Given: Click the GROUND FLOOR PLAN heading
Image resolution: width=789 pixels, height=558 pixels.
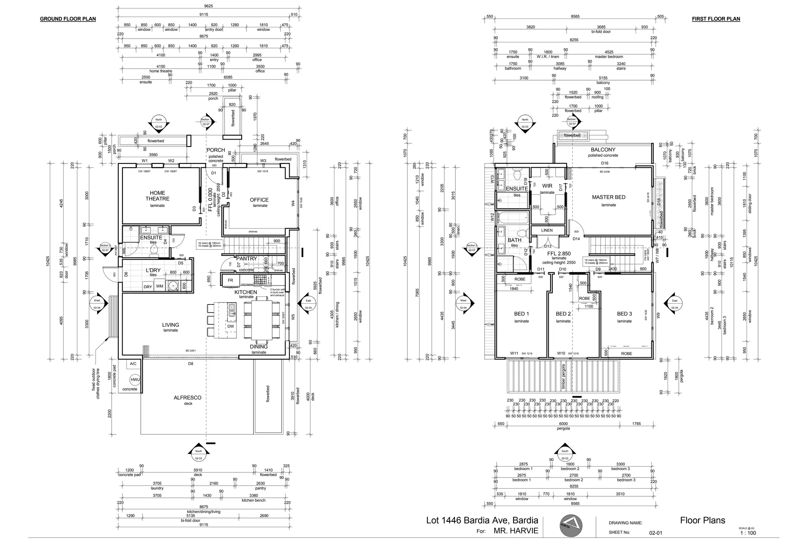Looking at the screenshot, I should pos(68,19).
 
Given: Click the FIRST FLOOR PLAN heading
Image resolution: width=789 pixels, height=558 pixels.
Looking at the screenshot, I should pos(715,19).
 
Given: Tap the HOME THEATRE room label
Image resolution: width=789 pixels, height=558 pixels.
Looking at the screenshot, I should pos(157,196).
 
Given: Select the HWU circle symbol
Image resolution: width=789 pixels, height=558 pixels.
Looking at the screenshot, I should pos(135,380).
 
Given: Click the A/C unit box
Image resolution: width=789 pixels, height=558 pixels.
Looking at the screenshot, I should pos(133,364).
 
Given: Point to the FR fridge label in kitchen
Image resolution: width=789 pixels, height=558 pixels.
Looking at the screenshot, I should pos(230,280).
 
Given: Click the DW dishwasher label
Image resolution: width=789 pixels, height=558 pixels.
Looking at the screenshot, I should pos(230,326).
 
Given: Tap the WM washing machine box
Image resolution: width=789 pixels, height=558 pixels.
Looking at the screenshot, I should pos(159,286).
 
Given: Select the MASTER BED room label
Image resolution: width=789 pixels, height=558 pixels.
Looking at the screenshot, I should pos(608,197).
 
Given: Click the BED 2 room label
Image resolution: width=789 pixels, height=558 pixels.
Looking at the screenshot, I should pos(563,314).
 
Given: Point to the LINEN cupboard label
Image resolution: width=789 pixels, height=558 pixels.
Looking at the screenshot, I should pos(546,230).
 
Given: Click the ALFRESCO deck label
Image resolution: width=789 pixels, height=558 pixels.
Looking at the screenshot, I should pos(187,398).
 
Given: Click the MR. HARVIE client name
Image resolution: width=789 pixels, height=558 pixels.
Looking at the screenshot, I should pos(516,531).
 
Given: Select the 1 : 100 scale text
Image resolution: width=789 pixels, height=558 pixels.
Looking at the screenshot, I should pos(748,533).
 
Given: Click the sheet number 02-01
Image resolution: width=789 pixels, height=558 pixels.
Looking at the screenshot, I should pos(655,533).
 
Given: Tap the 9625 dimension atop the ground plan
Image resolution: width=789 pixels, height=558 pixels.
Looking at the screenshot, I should pos(208,6).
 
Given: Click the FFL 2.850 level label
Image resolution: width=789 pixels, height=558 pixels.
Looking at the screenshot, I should pos(559,254).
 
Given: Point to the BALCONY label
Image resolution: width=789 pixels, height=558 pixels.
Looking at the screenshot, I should pos(603,150).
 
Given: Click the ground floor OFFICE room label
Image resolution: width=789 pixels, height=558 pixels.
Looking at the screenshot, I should pos(259,200).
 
